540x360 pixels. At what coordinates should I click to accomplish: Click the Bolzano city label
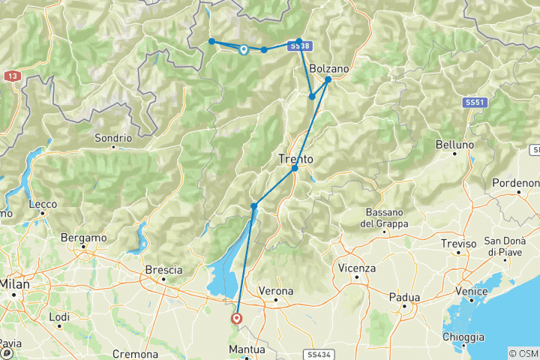(x=328, y=68)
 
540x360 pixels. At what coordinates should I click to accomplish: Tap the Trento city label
(x=295, y=159)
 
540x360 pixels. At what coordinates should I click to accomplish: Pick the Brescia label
(x=164, y=270)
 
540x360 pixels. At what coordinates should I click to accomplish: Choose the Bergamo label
(x=84, y=238)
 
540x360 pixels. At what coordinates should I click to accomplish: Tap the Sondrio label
(x=113, y=138)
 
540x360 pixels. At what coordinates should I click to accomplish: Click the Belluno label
(x=455, y=144)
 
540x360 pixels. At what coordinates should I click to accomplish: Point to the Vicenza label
(x=357, y=268)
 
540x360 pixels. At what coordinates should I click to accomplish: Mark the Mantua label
(x=248, y=350)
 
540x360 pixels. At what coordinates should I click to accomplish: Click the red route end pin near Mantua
(x=237, y=319)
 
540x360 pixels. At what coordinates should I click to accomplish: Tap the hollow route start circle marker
(x=244, y=50)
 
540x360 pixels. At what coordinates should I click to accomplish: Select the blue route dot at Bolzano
(x=328, y=79)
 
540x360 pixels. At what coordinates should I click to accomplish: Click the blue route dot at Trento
(x=295, y=168)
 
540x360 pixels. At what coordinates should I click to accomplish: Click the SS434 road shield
(x=316, y=352)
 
